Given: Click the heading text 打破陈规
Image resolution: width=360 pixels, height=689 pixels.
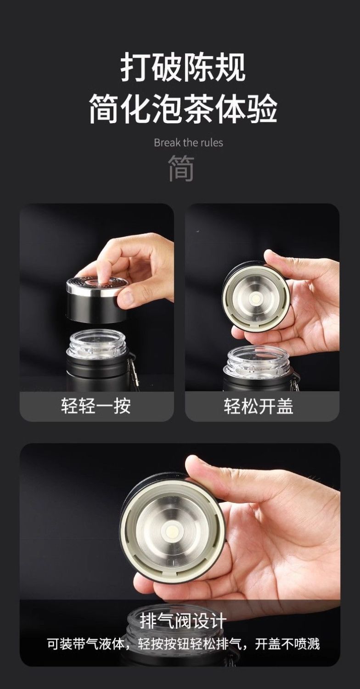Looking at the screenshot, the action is point(183,67).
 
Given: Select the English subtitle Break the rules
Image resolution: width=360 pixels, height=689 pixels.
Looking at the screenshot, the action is point(188,143).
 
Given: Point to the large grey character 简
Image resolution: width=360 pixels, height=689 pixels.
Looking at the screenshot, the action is point(181,168).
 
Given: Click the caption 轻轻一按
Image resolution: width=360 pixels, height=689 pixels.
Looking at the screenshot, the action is point(96,406).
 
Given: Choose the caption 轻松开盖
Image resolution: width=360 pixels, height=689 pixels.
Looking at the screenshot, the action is point(259,406).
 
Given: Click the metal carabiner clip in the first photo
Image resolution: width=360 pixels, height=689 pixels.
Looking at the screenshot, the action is point(134,372).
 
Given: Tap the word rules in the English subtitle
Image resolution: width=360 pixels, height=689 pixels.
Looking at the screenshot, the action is point(212,143).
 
